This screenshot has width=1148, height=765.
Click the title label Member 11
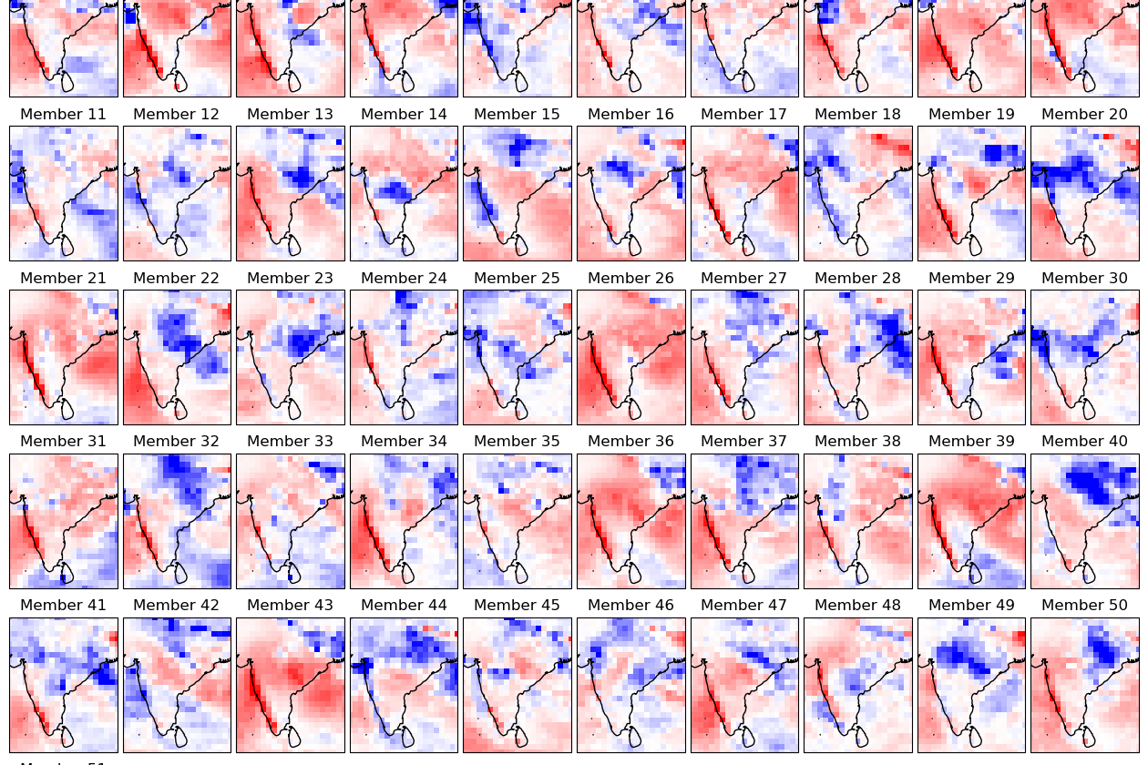tap(63, 115)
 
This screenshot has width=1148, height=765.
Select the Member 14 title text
tap(404, 115)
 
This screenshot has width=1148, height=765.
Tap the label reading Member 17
tap(743, 115)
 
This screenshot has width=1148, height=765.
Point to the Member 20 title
tap(1084, 115)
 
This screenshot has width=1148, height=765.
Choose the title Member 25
tap(517, 279)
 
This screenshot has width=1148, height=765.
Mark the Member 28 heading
tap(857, 279)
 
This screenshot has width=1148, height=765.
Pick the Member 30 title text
tap(1084, 279)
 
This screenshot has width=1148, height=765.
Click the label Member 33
tap(290, 442)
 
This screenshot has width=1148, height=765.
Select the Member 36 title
tap(630, 442)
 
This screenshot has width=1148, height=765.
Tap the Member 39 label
tap(971, 442)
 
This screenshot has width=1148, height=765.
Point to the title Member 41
tap(63, 606)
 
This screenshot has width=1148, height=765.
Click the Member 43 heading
tap(290, 606)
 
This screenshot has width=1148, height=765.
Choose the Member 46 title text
tap(630, 606)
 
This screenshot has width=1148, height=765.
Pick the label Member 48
tap(857, 606)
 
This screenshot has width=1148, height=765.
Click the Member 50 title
tap(1084, 606)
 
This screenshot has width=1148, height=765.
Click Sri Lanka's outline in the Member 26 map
tap(634, 409)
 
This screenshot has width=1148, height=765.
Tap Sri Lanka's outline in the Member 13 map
tap(293, 245)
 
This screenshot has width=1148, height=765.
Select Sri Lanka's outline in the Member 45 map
tap(520, 736)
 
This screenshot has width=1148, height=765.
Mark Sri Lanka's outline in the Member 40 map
tap(1088, 573)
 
